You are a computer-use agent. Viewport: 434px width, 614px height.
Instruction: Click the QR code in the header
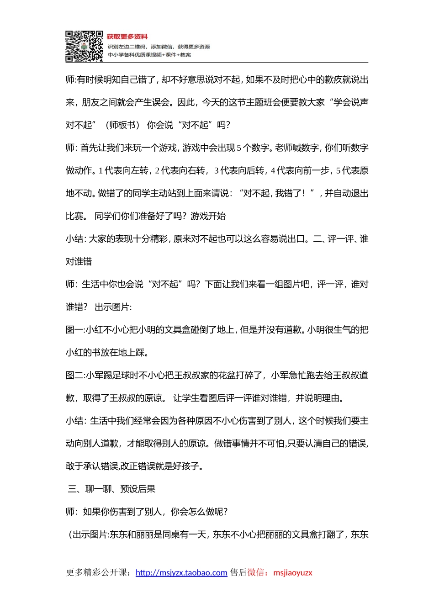84,46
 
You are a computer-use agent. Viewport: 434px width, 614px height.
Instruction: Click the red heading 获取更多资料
127,37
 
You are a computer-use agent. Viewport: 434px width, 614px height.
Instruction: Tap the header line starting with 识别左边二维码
159,47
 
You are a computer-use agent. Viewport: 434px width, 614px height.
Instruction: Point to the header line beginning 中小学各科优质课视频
149,55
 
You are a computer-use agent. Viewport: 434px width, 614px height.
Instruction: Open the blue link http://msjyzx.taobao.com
181,572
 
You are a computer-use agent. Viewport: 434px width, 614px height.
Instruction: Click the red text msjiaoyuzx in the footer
293,572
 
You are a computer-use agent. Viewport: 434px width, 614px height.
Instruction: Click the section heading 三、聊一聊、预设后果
111,489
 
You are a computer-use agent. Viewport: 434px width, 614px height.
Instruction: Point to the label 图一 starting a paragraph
74,330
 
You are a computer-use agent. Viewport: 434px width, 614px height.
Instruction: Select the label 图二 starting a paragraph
74,376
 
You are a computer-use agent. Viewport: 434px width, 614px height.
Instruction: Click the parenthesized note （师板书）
122,125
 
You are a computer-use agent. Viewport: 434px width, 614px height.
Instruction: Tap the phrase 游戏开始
208,216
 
